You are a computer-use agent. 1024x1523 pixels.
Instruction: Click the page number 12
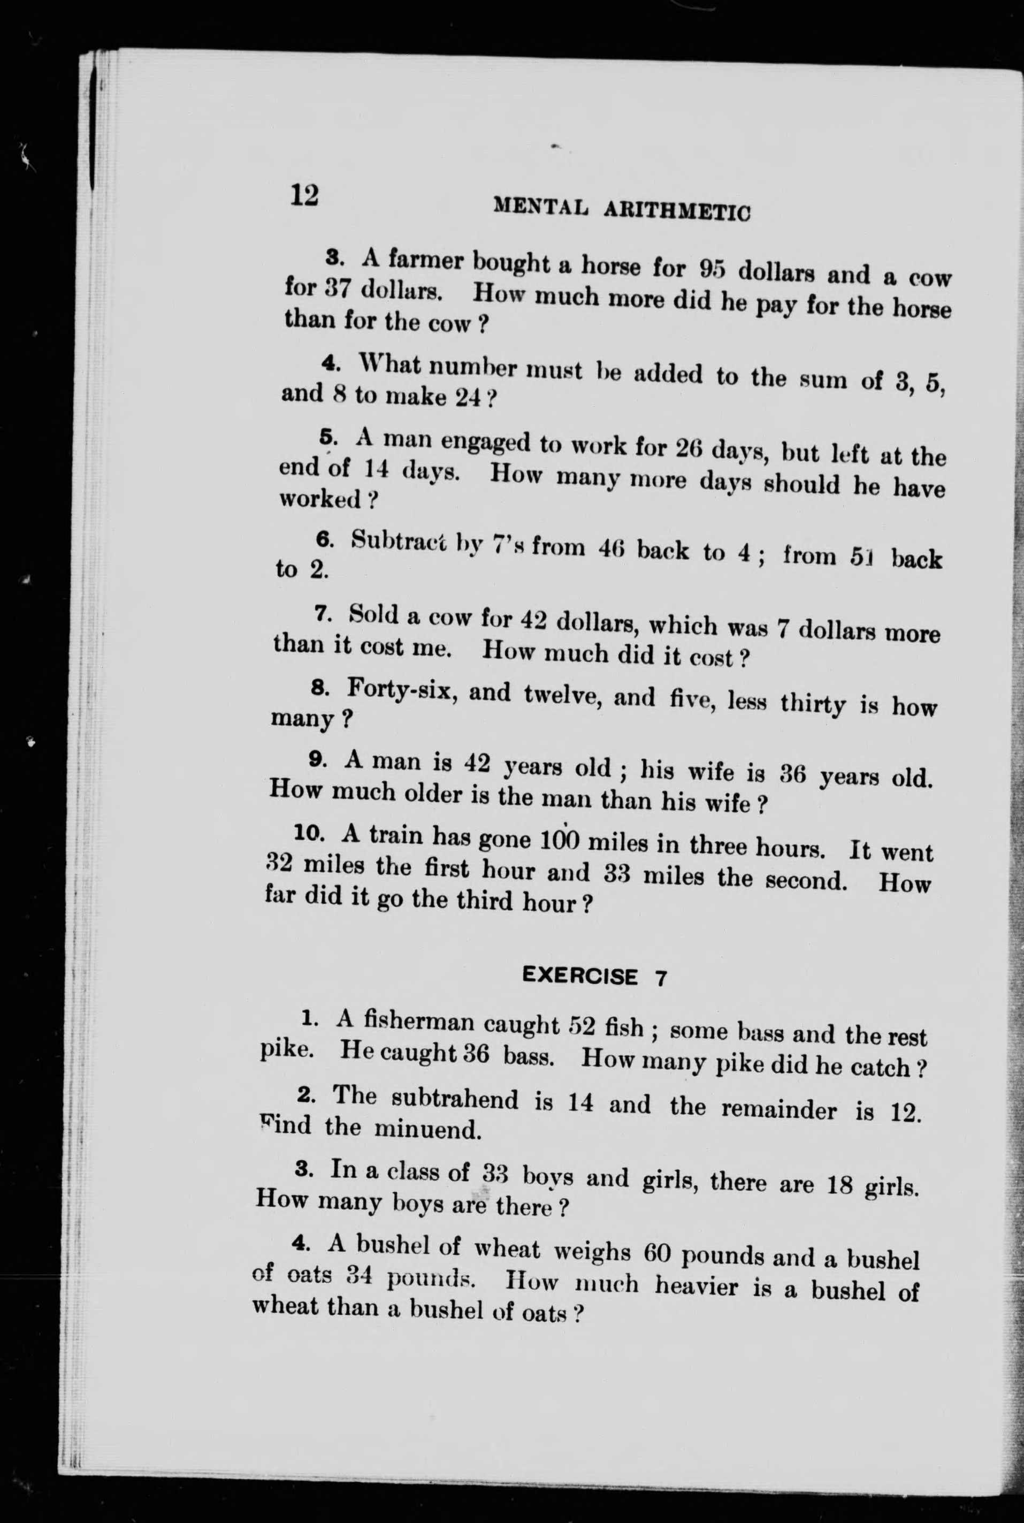click(304, 195)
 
